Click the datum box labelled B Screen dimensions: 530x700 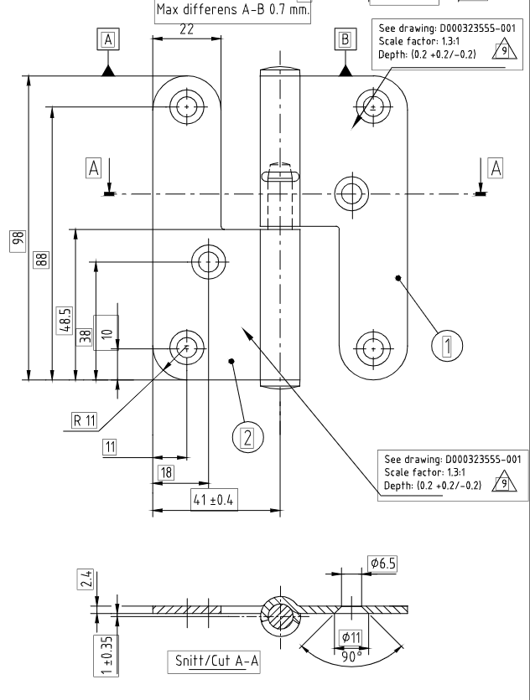(346, 39)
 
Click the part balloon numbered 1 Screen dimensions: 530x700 (447, 345)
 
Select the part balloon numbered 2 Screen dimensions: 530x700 (247, 437)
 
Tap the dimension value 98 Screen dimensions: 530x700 (18, 240)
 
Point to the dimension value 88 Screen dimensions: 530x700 (41, 260)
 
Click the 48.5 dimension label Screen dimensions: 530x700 (65, 320)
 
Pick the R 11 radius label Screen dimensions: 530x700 (85, 420)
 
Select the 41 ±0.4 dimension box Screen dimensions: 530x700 (214, 500)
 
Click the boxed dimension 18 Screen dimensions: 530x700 (166, 472)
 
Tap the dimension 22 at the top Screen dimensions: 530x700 (186, 29)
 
